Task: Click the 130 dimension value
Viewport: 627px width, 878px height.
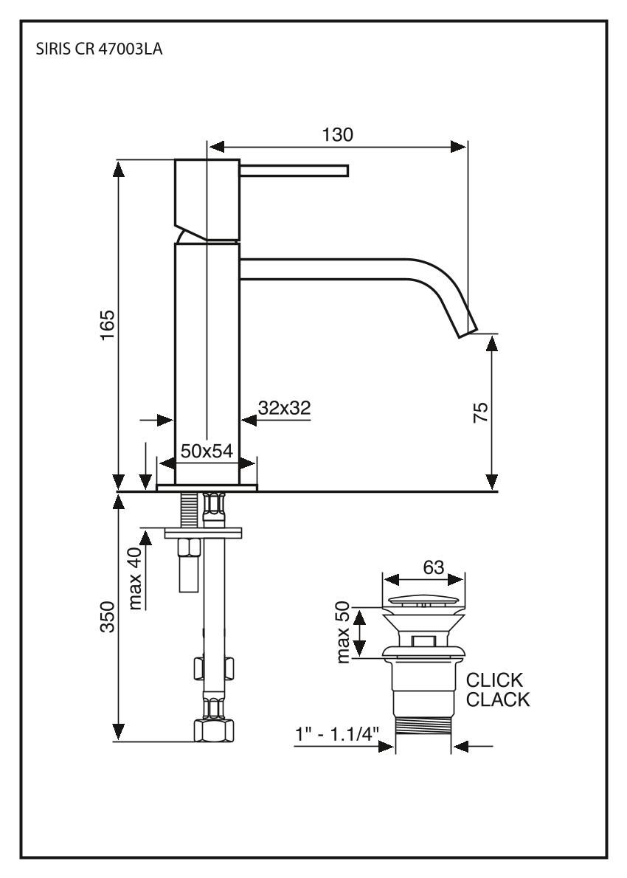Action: [337, 134]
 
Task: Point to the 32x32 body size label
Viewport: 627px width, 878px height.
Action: [284, 407]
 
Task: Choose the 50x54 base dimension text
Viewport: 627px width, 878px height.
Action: [207, 452]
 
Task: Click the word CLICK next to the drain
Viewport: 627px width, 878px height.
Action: [494, 680]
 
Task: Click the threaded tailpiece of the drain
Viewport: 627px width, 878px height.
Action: [423, 734]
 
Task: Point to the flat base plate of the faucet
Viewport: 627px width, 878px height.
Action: [207, 486]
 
